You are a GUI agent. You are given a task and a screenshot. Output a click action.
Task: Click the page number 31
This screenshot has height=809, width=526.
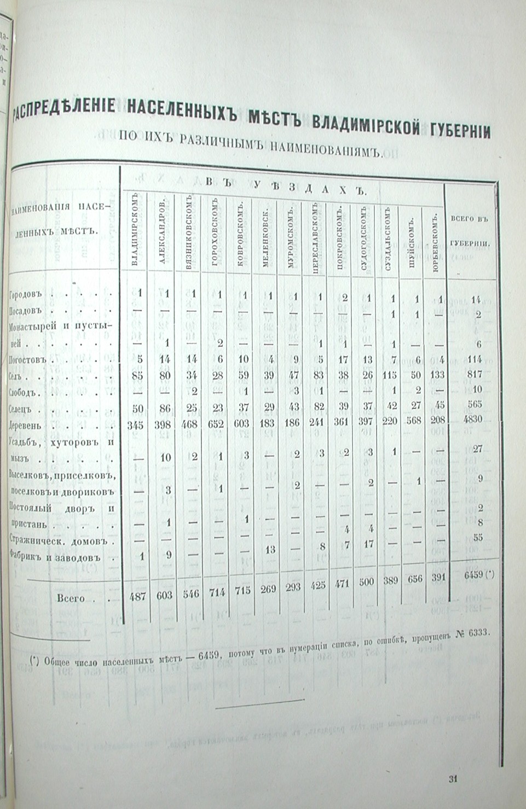click(x=453, y=779)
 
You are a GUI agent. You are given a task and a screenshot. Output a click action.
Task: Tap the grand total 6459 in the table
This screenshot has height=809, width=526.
click(x=474, y=575)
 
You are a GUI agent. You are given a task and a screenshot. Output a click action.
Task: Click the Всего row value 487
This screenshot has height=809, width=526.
click(x=137, y=597)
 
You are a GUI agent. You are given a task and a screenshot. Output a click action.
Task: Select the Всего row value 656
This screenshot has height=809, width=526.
click(x=414, y=579)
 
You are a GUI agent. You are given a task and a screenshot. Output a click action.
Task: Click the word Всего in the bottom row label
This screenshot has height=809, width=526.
click(x=71, y=598)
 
